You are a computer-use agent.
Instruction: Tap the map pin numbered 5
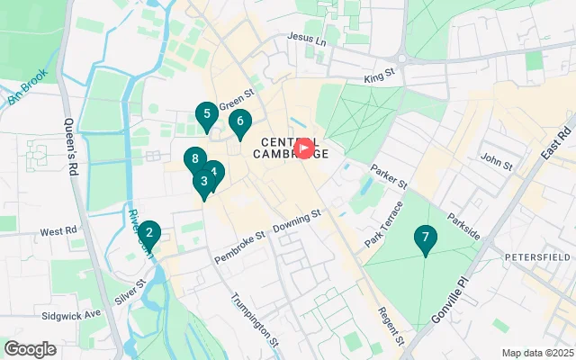[x=207, y=114]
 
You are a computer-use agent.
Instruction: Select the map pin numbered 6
[x=239, y=121]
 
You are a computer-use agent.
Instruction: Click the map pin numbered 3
[x=203, y=181]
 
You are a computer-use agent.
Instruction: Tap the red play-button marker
[x=304, y=148]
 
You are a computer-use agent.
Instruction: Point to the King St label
[x=381, y=79]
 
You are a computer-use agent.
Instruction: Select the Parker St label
[x=390, y=175]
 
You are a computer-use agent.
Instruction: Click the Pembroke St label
[x=239, y=247]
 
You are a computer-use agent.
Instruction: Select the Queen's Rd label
[x=73, y=148]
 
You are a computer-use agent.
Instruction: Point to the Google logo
[x=30, y=348]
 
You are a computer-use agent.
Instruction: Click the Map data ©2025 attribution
[x=536, y=353]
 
